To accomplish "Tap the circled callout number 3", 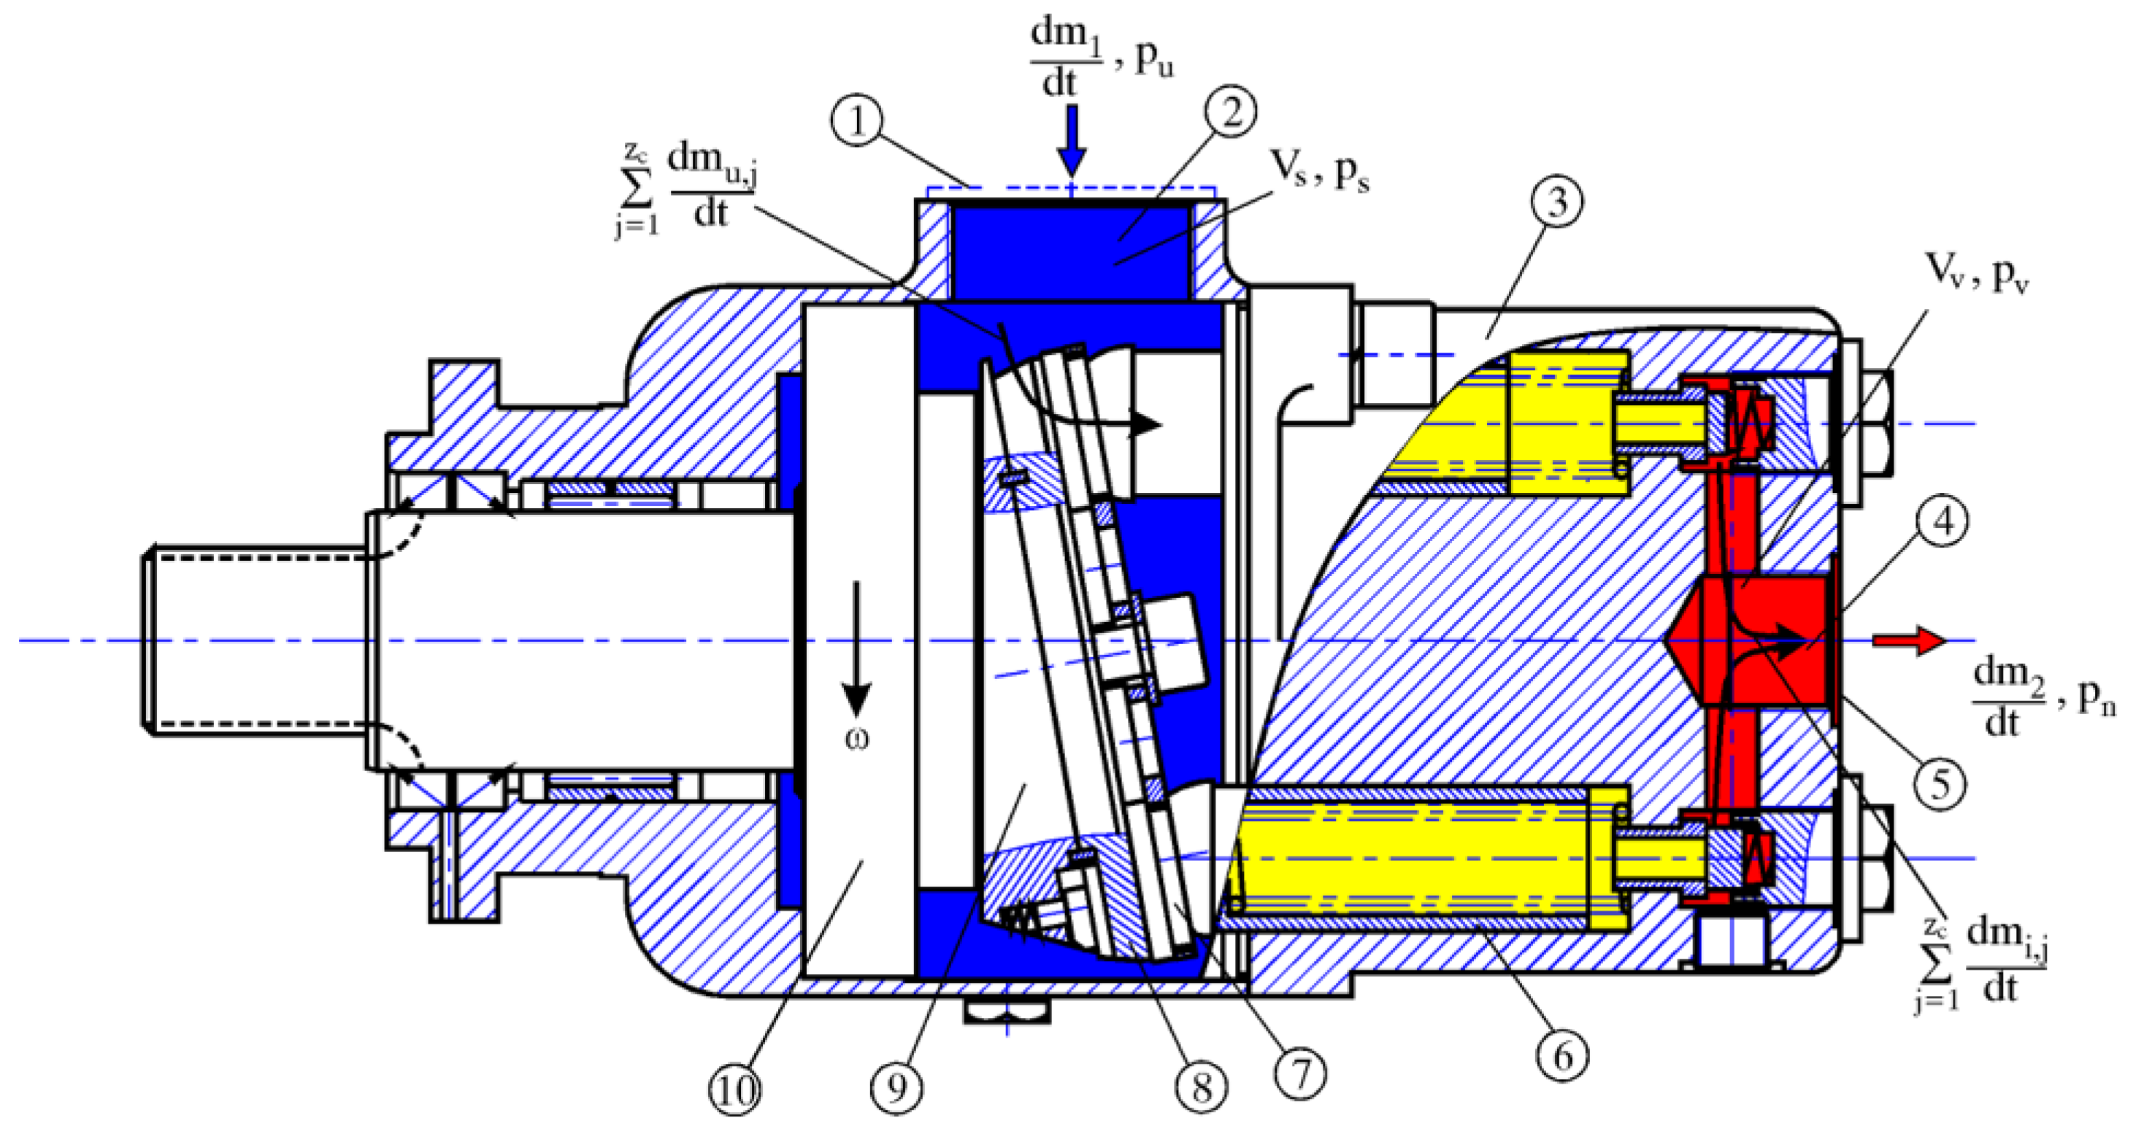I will (1556, 202).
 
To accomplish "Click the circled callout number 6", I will (1562, 1057).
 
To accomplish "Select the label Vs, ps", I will (1320, 173).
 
